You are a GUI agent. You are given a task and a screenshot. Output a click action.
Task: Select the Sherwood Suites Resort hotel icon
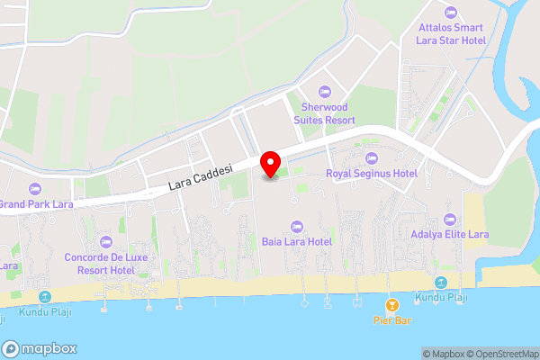pyautogui.click(x=325, y=91)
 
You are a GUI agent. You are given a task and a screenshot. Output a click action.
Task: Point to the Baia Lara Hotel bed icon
pyautogui.click(x=297, y=227)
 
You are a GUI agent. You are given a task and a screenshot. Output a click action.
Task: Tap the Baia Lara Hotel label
pyautogui.click(x=297, y=241)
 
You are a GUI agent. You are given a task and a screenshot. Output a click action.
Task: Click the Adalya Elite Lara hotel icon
pyautogui.click(x=451, y=220)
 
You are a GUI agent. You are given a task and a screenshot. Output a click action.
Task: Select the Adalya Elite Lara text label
pyautogui.click(x=451, y=235)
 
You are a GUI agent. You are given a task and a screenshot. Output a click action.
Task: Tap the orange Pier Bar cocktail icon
pyautogui.click(x=391, y=304)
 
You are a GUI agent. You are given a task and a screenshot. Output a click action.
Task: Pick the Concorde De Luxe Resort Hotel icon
pyautogui.click(x=106, y=242)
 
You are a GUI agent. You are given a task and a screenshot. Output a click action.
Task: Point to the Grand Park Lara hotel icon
pyautogui.click(x=34, y=188)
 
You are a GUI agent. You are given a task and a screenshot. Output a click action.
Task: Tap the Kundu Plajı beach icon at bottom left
pyautogui.click(x=44, y=297)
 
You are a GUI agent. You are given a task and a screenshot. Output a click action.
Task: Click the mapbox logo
pyautogui.click(x=40, y=349)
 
